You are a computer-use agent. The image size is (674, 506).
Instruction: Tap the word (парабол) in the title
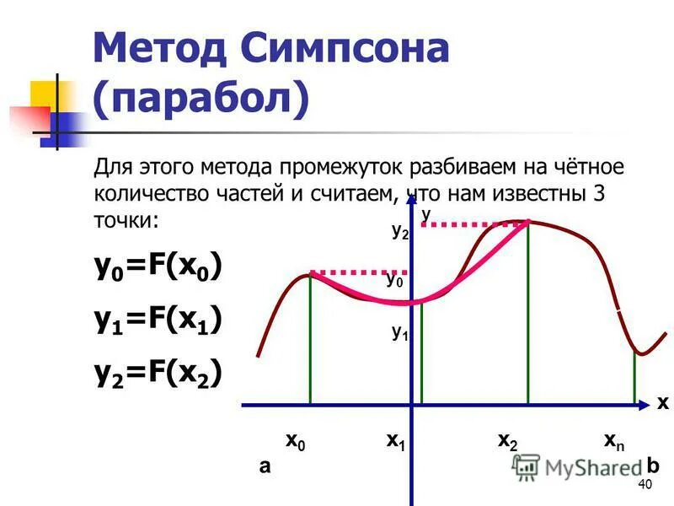(x=201, y=99)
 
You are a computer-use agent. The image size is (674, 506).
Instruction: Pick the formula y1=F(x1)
(x=158, y=320)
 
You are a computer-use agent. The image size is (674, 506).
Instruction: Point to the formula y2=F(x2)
(x=158, y=373)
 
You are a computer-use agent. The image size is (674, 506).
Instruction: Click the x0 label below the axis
(x=296, y=441)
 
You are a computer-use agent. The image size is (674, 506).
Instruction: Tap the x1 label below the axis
(x=396, y=441)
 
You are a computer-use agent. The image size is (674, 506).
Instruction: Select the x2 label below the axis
(x=508, y=441)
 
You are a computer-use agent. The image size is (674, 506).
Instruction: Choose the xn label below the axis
(x=614, y=441)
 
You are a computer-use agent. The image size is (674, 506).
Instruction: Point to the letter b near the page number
(x=653, y=466)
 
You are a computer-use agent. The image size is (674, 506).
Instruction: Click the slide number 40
(x=646, y=483)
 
